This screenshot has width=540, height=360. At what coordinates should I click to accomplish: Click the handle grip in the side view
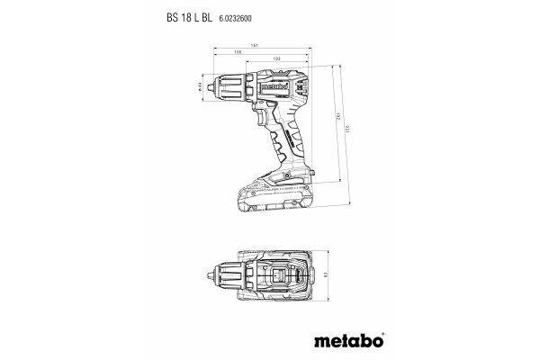(286, 144)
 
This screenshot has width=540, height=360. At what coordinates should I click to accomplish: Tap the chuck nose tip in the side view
(210, 86)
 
